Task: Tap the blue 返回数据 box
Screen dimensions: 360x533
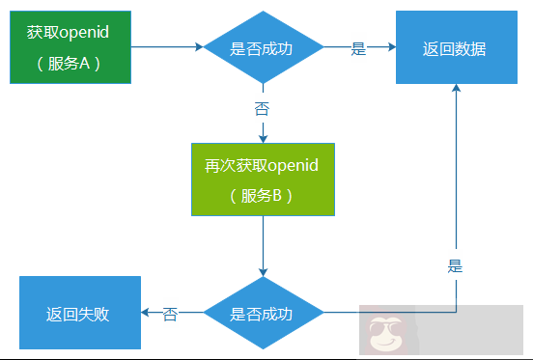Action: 454,48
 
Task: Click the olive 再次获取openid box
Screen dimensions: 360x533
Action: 262,180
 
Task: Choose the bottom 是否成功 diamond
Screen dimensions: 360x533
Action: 262,313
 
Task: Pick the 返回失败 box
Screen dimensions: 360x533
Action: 79,313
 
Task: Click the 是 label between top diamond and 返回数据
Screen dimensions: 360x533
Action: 358,49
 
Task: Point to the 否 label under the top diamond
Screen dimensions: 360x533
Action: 262,108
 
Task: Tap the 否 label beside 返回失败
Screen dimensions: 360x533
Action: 170,314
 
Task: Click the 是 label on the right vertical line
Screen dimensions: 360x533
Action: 456,265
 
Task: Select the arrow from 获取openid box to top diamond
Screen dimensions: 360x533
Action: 164,46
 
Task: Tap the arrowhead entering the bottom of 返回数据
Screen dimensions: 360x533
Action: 456,89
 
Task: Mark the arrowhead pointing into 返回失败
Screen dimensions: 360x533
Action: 146,313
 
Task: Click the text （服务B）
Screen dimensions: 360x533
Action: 262,195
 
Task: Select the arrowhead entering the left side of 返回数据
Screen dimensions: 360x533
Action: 390,46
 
